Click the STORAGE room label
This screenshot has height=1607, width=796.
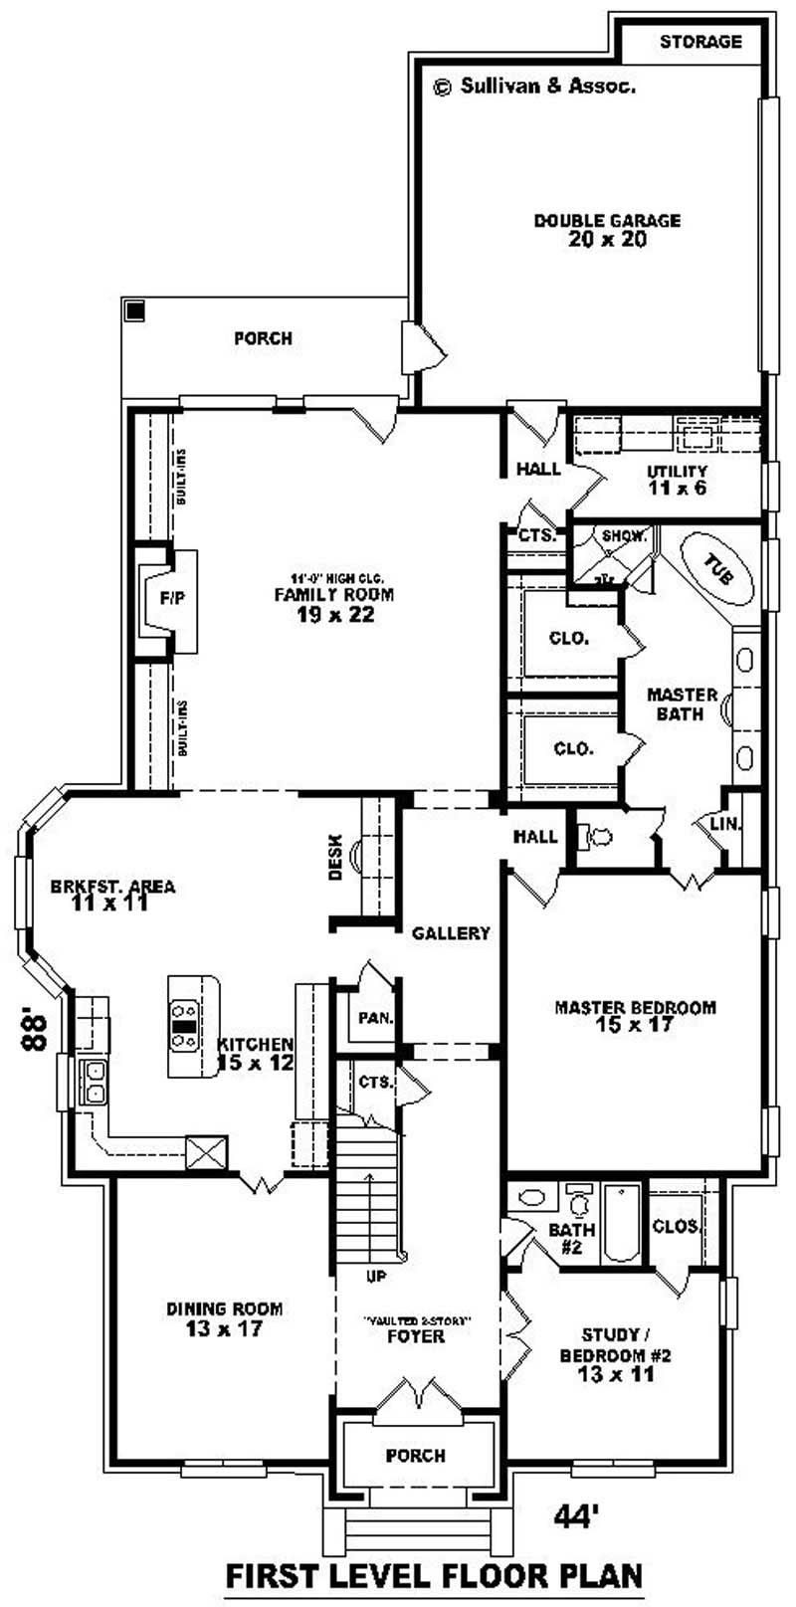tap(700, 42)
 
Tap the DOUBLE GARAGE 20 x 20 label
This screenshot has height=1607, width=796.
tap(607, 230)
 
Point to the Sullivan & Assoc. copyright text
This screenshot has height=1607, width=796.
tap(535, 87)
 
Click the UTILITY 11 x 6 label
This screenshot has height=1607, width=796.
tap(677, 480)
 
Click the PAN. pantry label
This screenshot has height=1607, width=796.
tap(375, 1019)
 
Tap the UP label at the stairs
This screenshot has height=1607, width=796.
tap(376, 1276)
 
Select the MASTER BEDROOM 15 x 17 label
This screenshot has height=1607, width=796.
tap(635, 1015)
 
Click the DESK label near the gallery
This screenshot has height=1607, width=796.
tap(335, 856)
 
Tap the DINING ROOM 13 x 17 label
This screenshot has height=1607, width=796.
tap(224, 1318)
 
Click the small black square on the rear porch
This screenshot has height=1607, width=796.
tap(134, 310)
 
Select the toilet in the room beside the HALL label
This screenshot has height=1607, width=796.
tap(601, 837)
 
